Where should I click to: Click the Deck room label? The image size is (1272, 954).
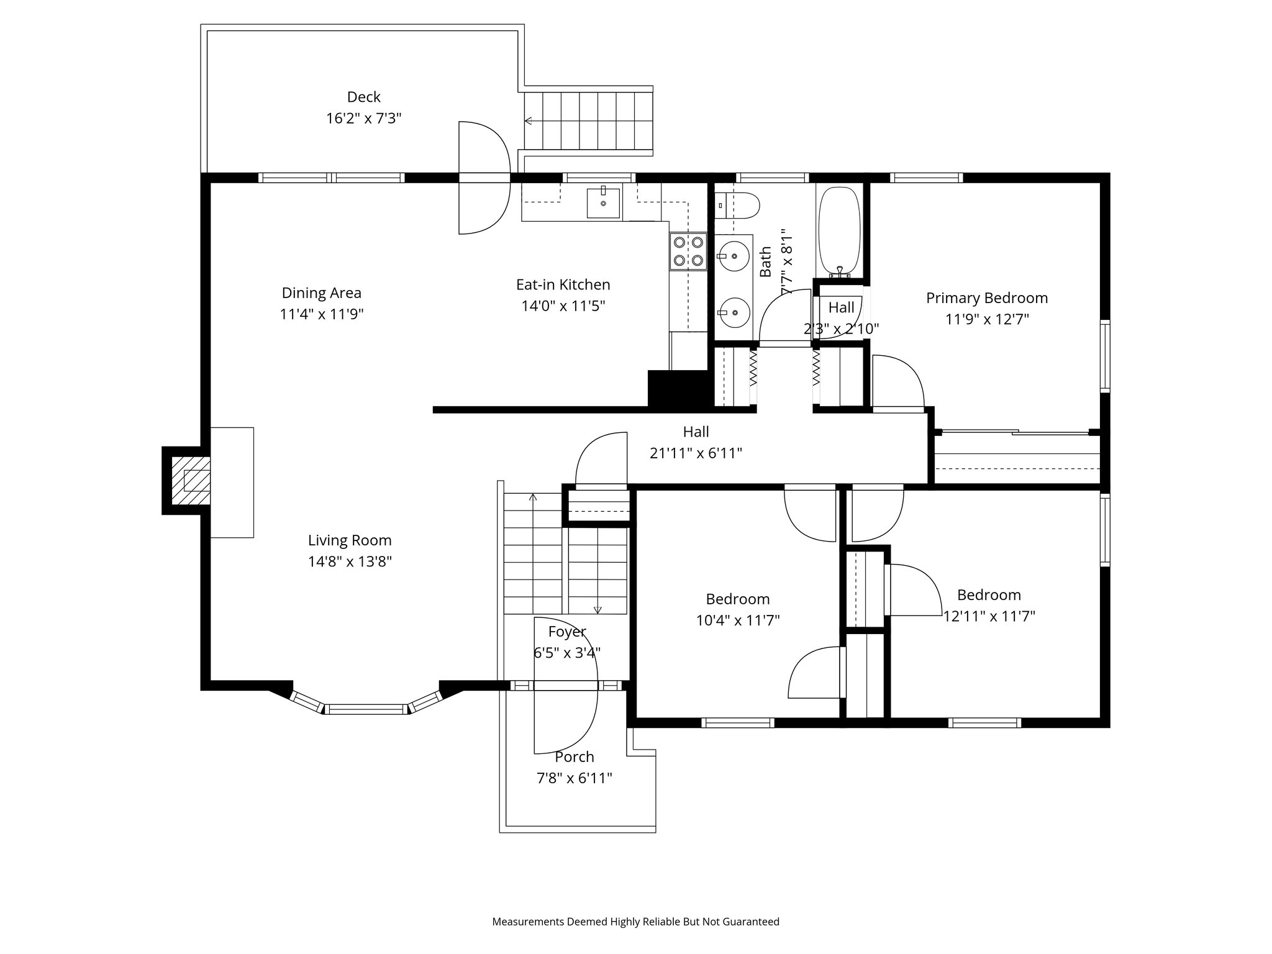(x=363, y=97)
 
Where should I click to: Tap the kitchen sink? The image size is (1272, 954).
(x=603, y=204)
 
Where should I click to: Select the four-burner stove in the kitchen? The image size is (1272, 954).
(x=688, y=251)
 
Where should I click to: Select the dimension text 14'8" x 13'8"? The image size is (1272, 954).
(x=350, y=561)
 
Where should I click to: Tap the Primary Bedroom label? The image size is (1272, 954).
(x=986, y=298)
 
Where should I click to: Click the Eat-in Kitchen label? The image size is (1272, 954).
(x=563, y=284)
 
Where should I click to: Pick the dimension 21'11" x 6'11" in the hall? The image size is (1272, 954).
(x=696, y=453)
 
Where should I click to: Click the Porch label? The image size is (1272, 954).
(x=575, y=756)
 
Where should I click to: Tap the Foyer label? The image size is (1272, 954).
(x=566, y=632)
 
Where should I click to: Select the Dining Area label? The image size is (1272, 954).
(x=321, y=293)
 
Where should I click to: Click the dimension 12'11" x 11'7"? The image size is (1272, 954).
(x=989, y=616)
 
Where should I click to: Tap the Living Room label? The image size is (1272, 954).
(x=350, y=540)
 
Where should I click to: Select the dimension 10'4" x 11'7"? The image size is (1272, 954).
(x=737, y=620)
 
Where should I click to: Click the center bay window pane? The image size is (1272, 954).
(x=366, y=709)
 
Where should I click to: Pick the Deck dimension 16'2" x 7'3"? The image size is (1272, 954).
(x=363, y=118)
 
